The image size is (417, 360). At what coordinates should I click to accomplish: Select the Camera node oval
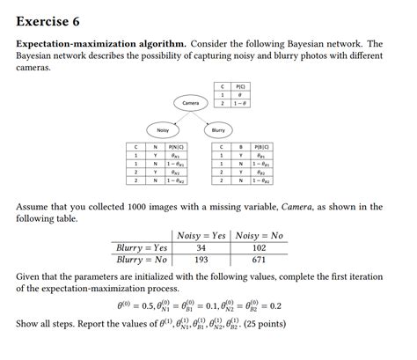click(x=190, y=104)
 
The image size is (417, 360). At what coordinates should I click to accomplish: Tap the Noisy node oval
click(x=163, y=130)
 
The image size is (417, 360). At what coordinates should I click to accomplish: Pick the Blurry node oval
click(x=218, y=130)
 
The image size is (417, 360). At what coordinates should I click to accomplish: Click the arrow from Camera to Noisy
click(x=177, y=117)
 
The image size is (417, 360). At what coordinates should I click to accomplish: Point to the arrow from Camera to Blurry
click(x=204, y=117)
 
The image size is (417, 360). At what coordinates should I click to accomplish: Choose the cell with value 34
click(x=201, y=247)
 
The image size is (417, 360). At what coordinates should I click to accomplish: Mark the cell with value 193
click(x=201, y=260)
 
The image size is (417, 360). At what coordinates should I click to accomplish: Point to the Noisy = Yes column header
click(x=201, y=235)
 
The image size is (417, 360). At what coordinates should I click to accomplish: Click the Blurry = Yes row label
click(x=143, y=247)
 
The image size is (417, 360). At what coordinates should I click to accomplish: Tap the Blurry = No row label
click(x=143, y=260)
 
